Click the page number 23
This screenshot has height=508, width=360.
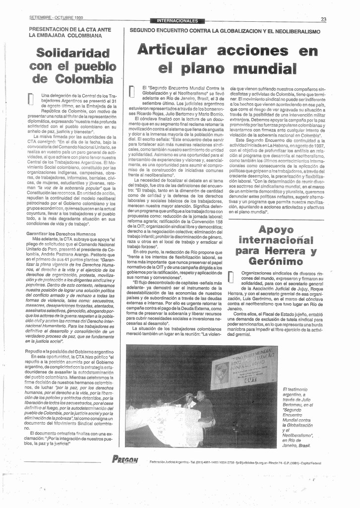[x=323, y=19]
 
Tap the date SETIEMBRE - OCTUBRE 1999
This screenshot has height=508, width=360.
[x=56, y=18]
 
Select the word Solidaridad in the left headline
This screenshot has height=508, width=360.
[x=72, y=53]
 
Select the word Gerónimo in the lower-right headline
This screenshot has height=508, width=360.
[x=276, y=261]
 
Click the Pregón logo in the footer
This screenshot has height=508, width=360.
[x=125, y=459]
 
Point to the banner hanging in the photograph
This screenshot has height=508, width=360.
[x=244, y=367]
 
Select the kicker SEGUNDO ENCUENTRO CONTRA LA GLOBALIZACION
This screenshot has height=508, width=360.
[x=225, y=31]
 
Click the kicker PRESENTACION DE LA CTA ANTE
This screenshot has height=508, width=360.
[x=69, y=30]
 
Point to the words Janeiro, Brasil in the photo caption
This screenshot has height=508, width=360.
[x=297, y=445]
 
